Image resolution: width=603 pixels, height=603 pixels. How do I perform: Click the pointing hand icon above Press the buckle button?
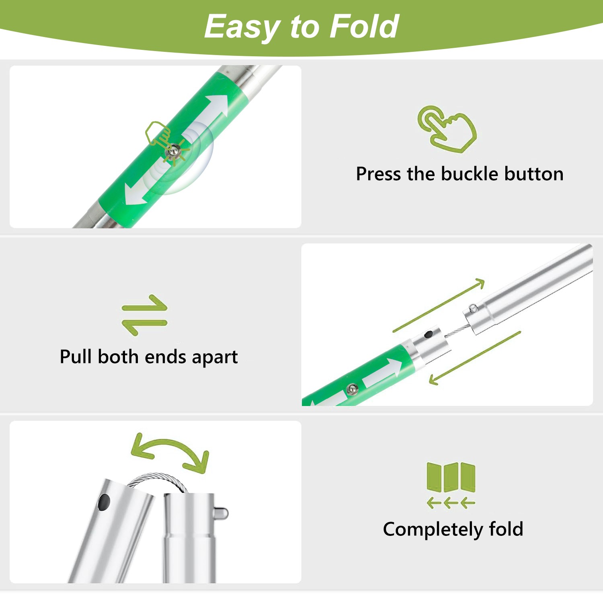click(447, 129)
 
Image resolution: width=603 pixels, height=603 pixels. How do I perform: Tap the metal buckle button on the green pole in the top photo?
click(173, 151)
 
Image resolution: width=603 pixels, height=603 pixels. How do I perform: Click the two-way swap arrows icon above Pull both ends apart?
click(144, 315)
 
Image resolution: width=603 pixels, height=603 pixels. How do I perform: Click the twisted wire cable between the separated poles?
click(455, 331)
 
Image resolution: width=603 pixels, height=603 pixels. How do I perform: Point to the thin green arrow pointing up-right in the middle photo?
click(439, 305)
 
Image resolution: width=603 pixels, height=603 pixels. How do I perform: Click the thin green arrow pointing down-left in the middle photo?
click(475, 358)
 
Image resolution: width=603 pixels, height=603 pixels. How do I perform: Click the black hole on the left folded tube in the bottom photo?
click(104, 502)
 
